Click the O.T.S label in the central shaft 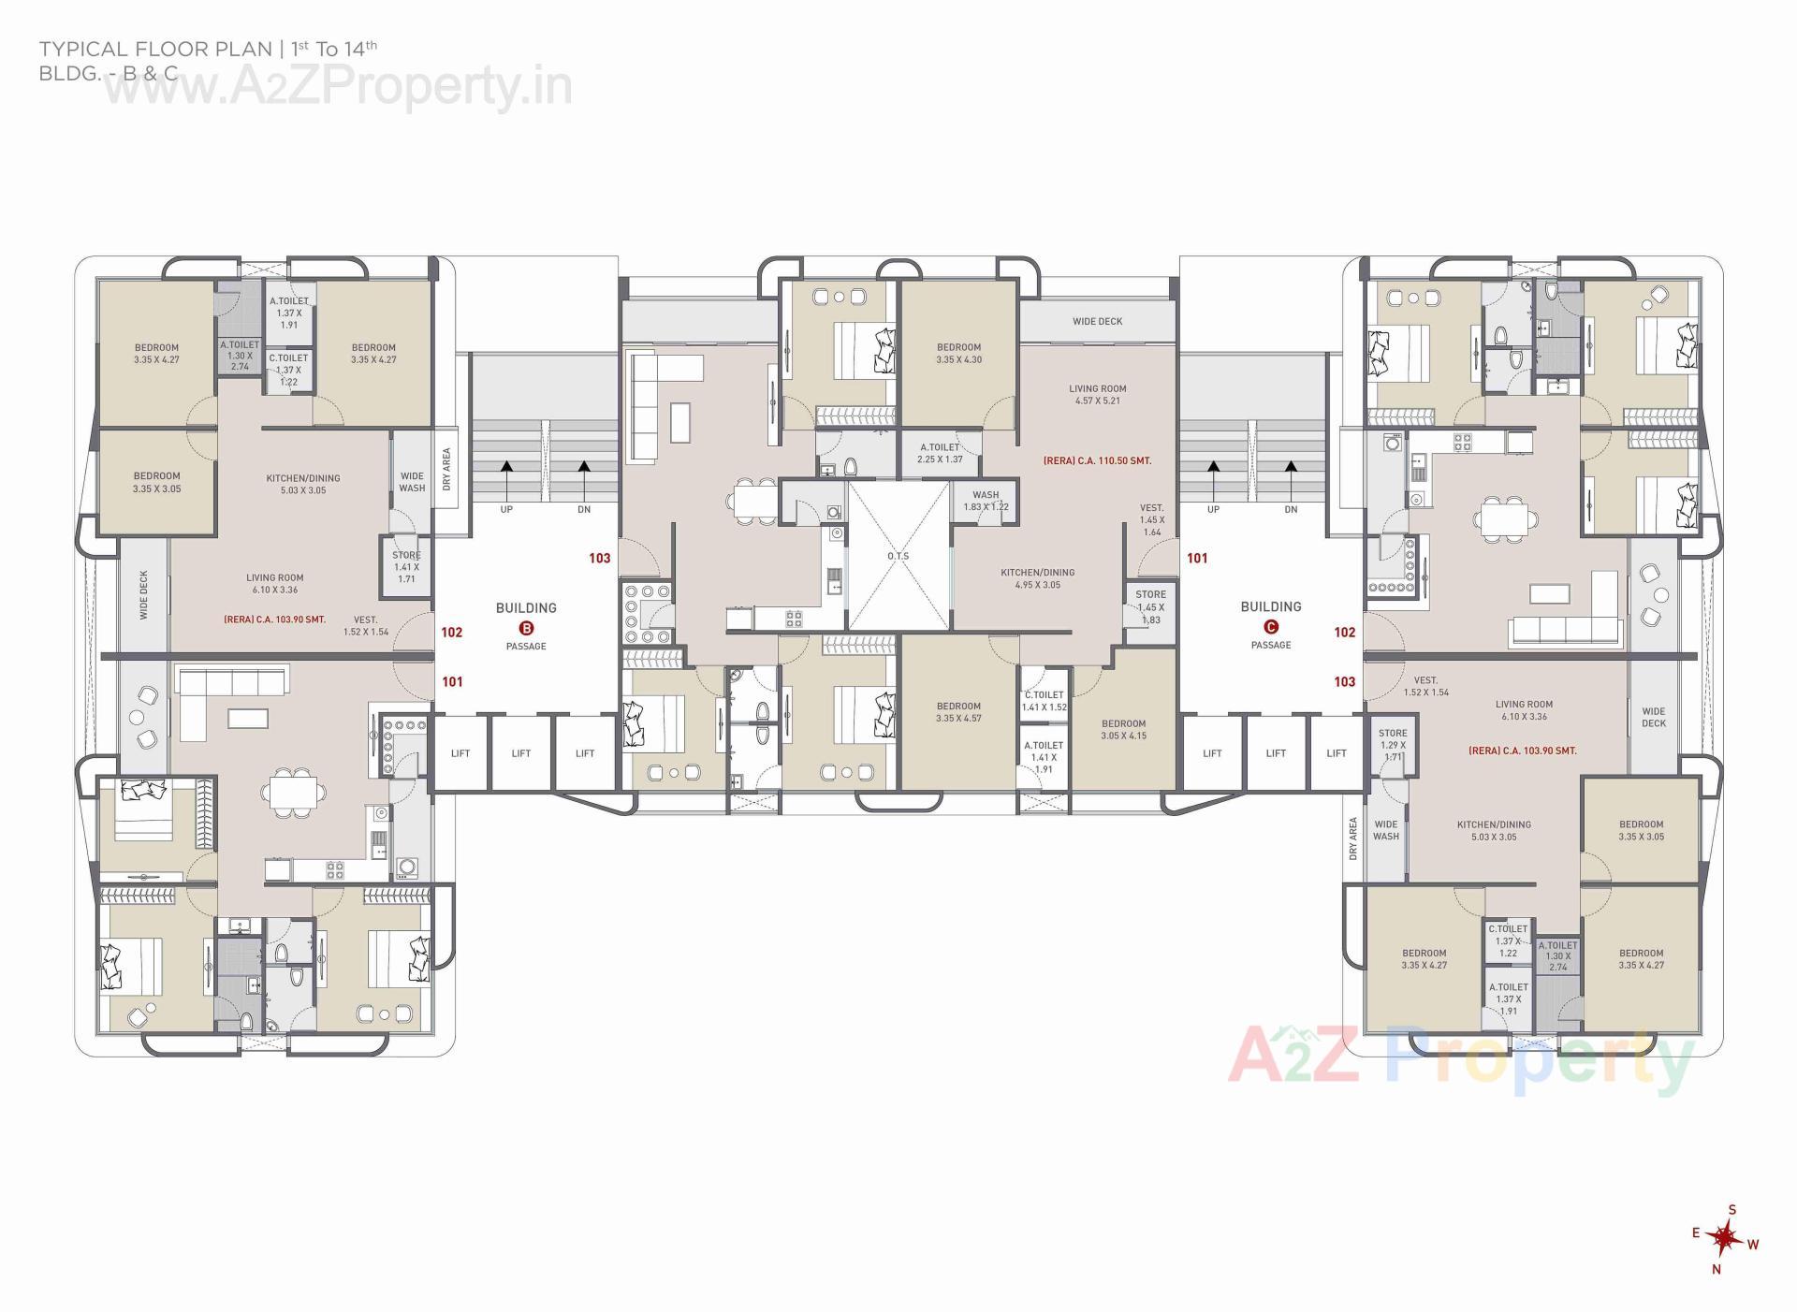click(x=898, y=557)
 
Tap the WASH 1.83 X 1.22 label click(x=986, y=501)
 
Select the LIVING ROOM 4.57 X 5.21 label click(x=1097, y=394)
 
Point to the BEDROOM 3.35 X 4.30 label click(x=958, y=353)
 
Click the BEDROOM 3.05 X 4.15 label click(x=1123, y=729)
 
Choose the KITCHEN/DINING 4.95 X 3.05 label click(x=1037, y=578)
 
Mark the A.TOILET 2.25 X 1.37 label click(x=941, y=453)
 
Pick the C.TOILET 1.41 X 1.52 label click(x=1044, y=701)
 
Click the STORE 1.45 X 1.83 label click(x=1150, y=606)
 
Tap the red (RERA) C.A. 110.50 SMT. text click(x=1097, y=461)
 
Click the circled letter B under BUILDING click(x=526, y=628)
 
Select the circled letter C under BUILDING click(x=1270, y=627)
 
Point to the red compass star click(x=1721, y=1238)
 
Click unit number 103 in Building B click(x=599, y=559)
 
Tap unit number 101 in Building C click(x=1197, y=559)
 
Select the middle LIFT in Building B click(x=521, y=753)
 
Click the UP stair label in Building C click(x=1213, y=510)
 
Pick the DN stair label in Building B click(x=584, y=510)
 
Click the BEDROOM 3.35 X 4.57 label click(x=958, y=712)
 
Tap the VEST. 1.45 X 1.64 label click(x=1151, y=519)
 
